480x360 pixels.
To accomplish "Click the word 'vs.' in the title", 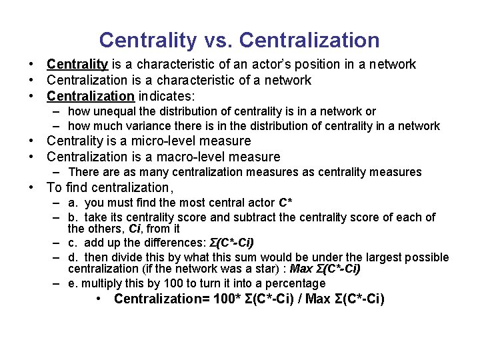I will point(215,40).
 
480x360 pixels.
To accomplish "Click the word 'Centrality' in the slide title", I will point(147,40).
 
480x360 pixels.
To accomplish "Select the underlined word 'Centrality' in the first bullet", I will point(77,65).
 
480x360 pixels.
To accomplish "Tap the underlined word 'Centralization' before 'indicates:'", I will point(90,97).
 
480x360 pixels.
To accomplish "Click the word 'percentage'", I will point(279,283).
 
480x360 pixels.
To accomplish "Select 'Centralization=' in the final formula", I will point(161,299).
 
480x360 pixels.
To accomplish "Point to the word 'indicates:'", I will point(165,97).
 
